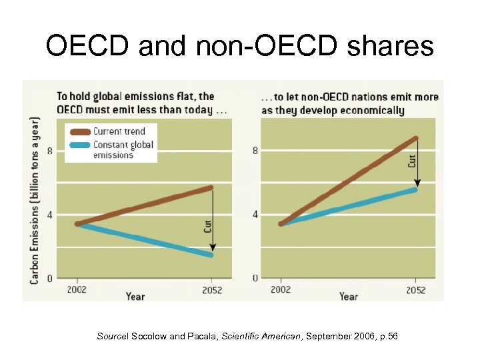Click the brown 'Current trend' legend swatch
(78, 131)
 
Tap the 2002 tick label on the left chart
(76, 290)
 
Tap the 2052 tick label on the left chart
(211, 290)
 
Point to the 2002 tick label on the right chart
(281, 290)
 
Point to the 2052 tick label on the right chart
(416, 290)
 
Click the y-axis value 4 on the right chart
(255, 215)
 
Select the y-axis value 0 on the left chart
(49, 277)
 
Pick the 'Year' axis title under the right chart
(348, 295)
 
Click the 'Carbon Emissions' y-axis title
(34, 200)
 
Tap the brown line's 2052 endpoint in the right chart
(415, 139)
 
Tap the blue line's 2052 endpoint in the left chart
(211, 255)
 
